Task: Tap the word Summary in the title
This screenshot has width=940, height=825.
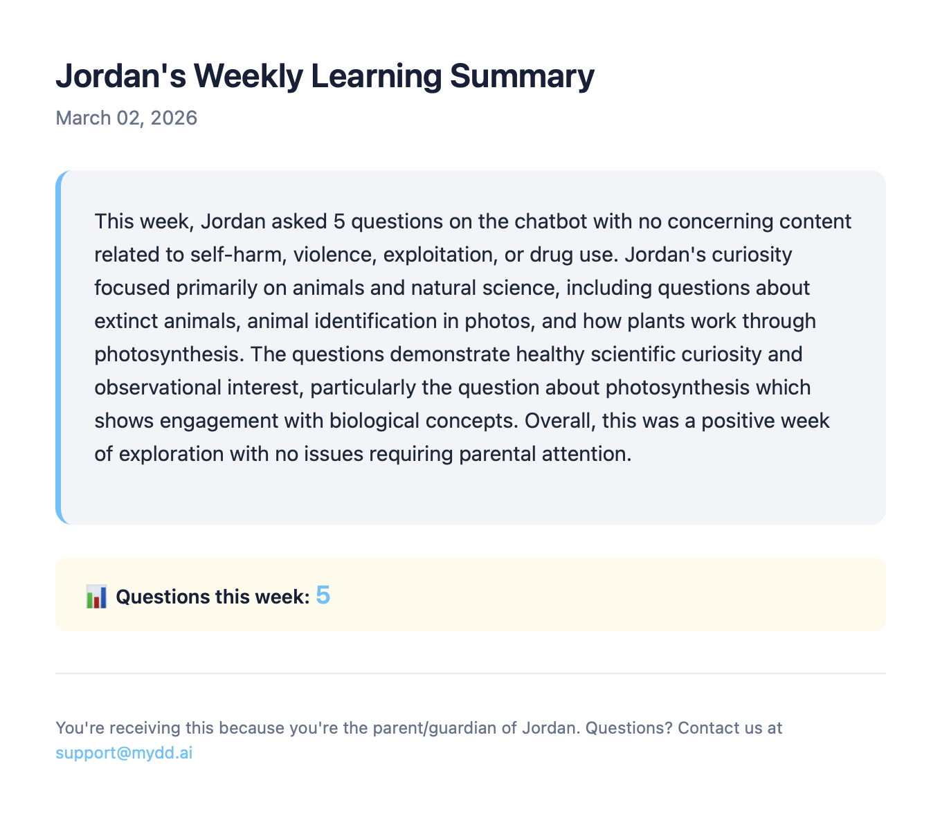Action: click(x=522, y=76)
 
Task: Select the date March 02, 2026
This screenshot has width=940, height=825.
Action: click(x=126, y=118)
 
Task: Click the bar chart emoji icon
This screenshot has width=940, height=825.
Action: click(x=96, y=597)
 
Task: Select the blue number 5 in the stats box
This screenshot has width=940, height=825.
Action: click(x=323, y=595)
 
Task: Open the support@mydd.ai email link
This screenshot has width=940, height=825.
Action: click(x=124, y=753)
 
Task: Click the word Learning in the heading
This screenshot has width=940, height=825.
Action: click(x=376, y=76)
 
